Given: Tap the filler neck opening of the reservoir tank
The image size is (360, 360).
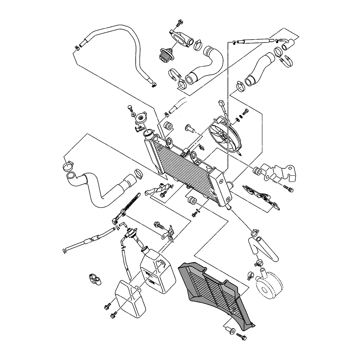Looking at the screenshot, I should click(x=145, y=248).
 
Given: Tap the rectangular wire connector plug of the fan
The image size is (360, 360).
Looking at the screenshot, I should click(x=221, y=104).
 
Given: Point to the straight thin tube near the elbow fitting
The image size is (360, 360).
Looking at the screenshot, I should click(x=256, y=41).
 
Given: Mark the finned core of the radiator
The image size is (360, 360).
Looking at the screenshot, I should click(x=184, y=167).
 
